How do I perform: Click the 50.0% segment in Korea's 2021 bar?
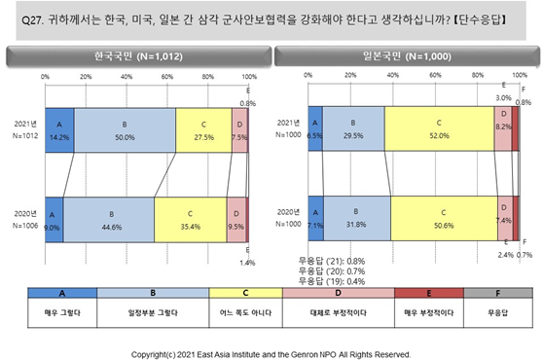pos(125,130)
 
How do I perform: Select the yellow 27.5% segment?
pos(203,130)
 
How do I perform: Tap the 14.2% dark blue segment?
pos(59,130)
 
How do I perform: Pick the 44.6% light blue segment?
pos(109,220)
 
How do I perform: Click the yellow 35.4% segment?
pos(191,220)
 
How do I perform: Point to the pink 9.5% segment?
pos(236,220)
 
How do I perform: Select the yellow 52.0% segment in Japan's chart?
pos(439,128)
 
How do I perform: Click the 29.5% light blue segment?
pos(353,128)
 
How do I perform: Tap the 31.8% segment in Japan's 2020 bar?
pos(357,218)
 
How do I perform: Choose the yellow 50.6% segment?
pos(444,218)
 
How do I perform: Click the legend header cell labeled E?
pos(429,293)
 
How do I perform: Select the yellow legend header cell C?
pos(246,293)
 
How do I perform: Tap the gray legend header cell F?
pos(498,293)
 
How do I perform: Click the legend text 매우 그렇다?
pos(62,312)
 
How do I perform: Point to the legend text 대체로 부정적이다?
pos(339,312)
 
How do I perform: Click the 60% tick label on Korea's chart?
pos(167,77)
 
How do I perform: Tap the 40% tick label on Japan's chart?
pos(393,75)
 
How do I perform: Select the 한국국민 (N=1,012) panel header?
pos(138,56)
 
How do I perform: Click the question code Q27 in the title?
pos(32,20)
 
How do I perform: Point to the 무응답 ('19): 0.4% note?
pos(332,281)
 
